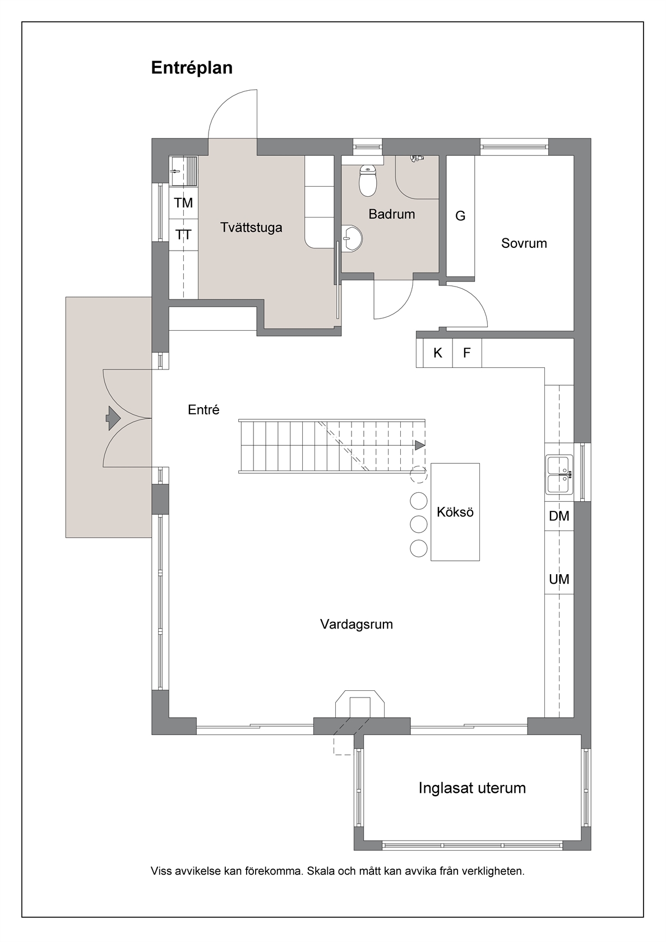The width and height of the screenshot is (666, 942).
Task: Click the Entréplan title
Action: coord(192,68)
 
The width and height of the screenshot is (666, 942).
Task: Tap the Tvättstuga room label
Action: coord(251,228)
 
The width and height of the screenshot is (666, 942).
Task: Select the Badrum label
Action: coord(391,214)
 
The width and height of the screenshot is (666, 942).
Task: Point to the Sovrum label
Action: coord(524,243)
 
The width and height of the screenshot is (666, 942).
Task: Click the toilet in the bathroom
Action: coord(368,181)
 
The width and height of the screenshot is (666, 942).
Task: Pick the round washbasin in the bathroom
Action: coord(351,238)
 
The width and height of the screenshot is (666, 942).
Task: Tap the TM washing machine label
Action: coord(183,203)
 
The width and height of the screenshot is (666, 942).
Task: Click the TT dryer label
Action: coord(183,234)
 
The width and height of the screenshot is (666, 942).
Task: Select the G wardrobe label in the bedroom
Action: coord(460,216)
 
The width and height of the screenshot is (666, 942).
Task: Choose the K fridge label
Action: coord(438,353)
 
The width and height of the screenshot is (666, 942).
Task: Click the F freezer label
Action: coord(466,353)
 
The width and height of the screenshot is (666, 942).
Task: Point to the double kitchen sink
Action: coord(559,474)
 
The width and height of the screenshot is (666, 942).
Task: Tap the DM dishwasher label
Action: coord(559,516)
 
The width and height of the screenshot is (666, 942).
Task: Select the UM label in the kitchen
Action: coord(559,579)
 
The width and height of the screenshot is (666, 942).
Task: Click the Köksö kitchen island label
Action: coord(455,512)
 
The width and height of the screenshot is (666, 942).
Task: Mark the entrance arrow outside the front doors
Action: coord(113,418)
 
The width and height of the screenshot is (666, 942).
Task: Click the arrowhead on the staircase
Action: coord(419,445)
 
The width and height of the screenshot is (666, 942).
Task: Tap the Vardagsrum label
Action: coord(357,624)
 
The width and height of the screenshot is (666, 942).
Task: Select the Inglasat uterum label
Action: coord(472,788)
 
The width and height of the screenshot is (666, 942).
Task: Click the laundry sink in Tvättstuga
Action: coord(183,170)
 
